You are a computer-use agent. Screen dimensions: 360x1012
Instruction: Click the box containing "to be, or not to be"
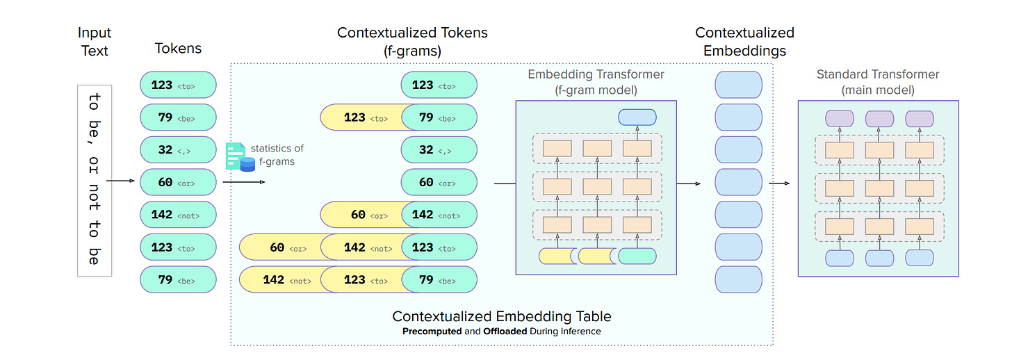pos(95,181)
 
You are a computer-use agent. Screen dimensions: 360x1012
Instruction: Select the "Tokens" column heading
pos(178,48)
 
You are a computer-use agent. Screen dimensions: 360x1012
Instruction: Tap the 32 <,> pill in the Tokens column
pos(178,149)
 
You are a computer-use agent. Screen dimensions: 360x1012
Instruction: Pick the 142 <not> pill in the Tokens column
pos(178,215)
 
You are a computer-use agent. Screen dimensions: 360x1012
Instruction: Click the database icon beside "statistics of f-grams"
pos(247,163)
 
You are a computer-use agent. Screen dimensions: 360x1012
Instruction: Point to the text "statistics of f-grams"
pos(277,154)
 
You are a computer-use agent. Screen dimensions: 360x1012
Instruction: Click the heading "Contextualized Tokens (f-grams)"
pos(412,40)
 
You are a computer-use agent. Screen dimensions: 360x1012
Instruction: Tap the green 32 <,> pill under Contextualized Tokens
pos(439,149)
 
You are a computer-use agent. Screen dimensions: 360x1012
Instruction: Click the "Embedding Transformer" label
pos(596,74)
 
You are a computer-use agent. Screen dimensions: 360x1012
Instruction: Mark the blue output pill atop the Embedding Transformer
pos(637,117)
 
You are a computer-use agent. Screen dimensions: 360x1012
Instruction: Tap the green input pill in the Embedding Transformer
pos(637,256)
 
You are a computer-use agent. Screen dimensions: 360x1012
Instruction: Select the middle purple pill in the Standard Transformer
pos(879,118)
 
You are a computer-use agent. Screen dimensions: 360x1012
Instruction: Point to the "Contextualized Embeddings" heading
pos(744,41)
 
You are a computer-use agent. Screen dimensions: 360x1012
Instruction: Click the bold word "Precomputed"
pos(432,332)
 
